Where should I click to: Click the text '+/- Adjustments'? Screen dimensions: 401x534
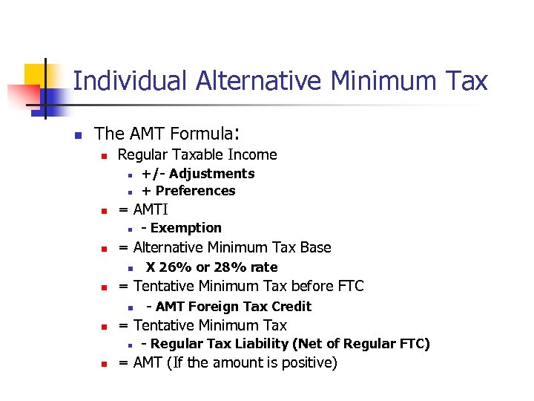[198, 174]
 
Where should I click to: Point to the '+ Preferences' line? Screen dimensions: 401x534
[188, 191]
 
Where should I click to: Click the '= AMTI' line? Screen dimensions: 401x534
[143, 210]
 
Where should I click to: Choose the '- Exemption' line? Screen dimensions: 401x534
[181, 228]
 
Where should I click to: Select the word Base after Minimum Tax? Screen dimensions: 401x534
[314, 247]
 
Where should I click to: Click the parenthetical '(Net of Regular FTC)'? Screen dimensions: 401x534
[361, 344]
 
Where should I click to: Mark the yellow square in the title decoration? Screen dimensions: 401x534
[36, 75]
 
